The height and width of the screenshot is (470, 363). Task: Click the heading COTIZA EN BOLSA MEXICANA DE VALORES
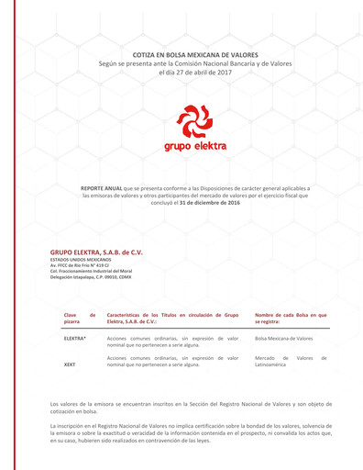click(181, 55)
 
